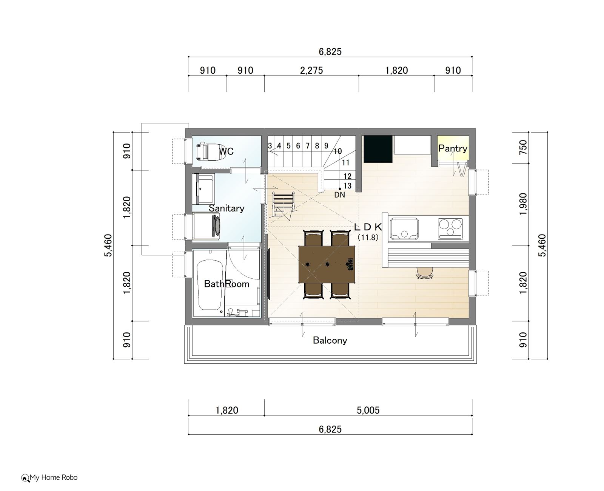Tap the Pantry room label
[453, 148]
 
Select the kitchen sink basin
[404, 229]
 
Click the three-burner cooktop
[450, 229]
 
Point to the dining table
[327, 264]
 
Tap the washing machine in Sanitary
[206, 226]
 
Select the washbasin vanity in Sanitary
[203, 189]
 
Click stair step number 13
[347, 186]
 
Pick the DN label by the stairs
[339, 195]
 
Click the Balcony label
[330, 340]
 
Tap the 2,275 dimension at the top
[311, 70]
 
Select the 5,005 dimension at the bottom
[368, 410]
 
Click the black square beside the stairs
[378, 149]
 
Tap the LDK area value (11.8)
[368, 238]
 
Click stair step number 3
[270, 146]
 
